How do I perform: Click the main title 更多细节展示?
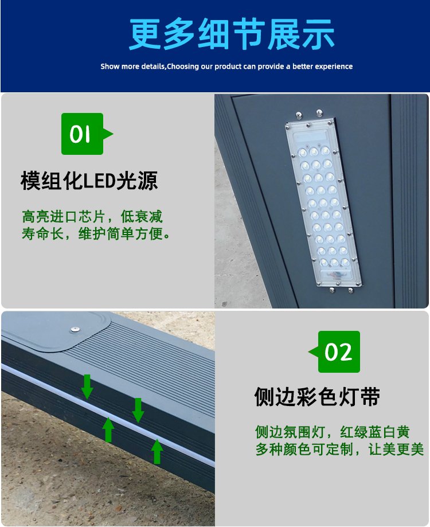(232, 34)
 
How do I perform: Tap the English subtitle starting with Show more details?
(226, 66)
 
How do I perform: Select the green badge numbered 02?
(334, 352)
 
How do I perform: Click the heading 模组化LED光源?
(89, 181)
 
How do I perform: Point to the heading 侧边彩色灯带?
(317, 397)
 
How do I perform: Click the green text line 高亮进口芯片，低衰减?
(92, 216)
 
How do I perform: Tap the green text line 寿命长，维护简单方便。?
(96, 233)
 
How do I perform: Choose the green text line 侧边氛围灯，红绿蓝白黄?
(332, 432)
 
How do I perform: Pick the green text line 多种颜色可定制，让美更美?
(339, 449)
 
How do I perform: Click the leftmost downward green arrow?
(87, 387)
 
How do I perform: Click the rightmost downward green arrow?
(138, 410)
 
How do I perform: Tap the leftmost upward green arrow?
(108, 430)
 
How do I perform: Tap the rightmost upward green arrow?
(157, 451)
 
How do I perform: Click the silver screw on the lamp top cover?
(75, 329)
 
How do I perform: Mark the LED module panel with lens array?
(323, 202)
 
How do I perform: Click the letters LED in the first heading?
(99, 181)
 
